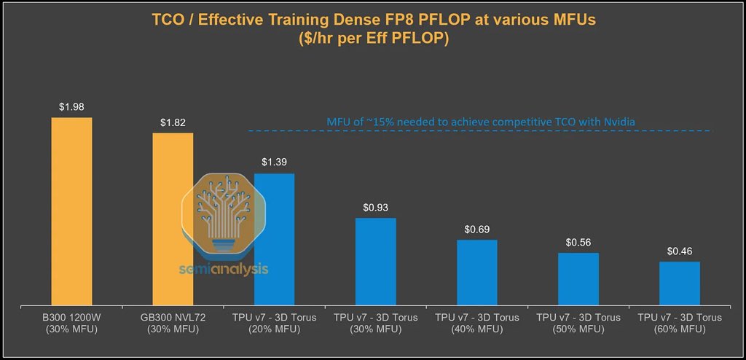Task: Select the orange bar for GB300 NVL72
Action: [173, 218]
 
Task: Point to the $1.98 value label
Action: [71, 107]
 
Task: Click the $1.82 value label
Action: [173, 122]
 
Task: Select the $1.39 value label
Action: [274, 163]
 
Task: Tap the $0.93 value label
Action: [375, 208]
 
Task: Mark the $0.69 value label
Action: [476, 230]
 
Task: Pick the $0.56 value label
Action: [578, 243]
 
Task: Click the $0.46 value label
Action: [679, 251]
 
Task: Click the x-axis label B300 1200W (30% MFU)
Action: [71, 323]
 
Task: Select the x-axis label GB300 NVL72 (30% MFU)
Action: [173, 323]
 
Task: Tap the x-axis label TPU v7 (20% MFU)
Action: [274, 323]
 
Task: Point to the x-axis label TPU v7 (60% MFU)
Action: [679, 323]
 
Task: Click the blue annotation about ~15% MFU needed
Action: [479, 121]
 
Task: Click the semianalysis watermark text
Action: [224, 269]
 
